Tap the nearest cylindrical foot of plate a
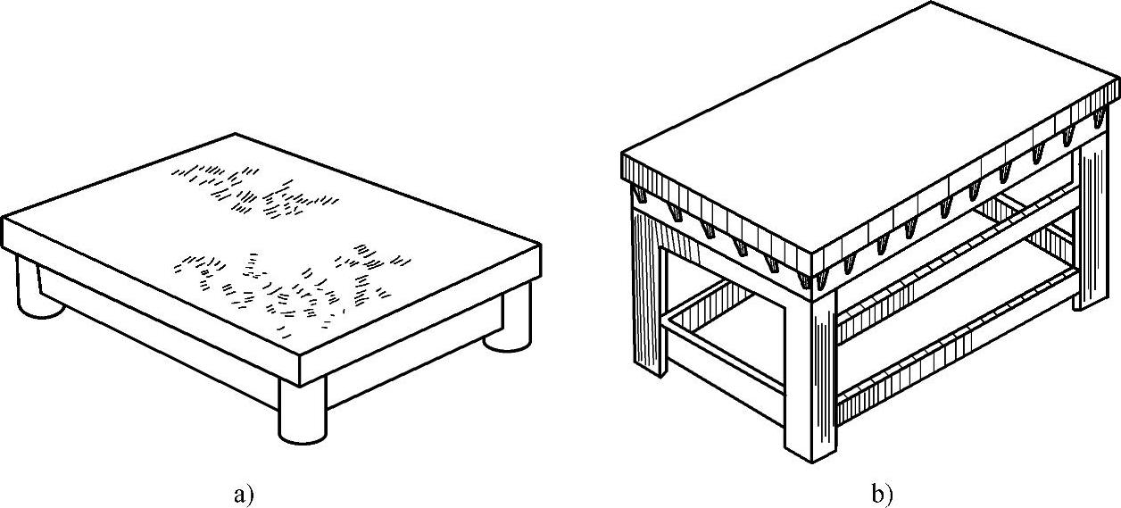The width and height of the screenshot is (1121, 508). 303,411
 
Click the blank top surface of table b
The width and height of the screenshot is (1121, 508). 866,116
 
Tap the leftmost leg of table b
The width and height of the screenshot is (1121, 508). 647,286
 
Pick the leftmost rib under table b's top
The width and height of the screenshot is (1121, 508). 642,195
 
